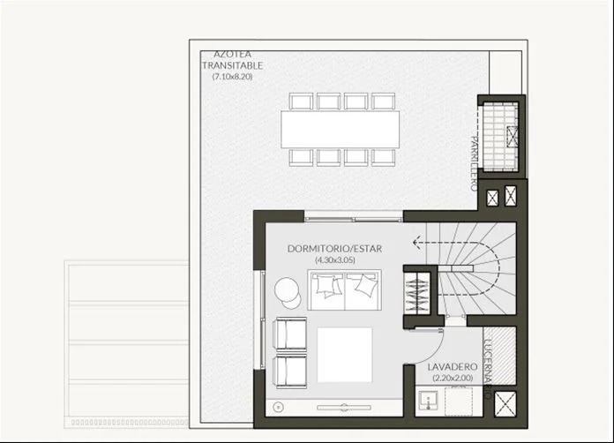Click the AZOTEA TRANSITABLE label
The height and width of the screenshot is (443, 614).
(x=232, y=59)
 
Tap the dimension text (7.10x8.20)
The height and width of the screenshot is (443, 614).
(x=232, y=77)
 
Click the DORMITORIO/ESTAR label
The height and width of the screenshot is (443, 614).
(x=335, y=249)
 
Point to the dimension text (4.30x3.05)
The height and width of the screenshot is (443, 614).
(x=335, y=259)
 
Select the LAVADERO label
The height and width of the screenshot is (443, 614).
(x=453, y=367)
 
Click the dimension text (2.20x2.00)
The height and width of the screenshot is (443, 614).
(x=453, y=378)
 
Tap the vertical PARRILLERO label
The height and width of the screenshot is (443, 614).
(x=474, y=163)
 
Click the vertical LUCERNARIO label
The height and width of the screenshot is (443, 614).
(x=489, y=369)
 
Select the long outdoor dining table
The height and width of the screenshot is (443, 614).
(x=340, y=129)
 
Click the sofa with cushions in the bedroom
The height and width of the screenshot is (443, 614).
(x=344, y=289)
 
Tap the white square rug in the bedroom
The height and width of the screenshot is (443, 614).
(x=345, y=355)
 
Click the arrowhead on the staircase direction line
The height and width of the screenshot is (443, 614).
(x=416, y=243)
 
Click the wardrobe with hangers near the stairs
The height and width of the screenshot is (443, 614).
(x=417, y=293)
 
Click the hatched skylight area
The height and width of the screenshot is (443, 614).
(x=499, y=356)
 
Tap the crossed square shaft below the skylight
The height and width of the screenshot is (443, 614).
(x=505, y=403)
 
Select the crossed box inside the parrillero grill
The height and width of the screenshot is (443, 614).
(x=512, y=136)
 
